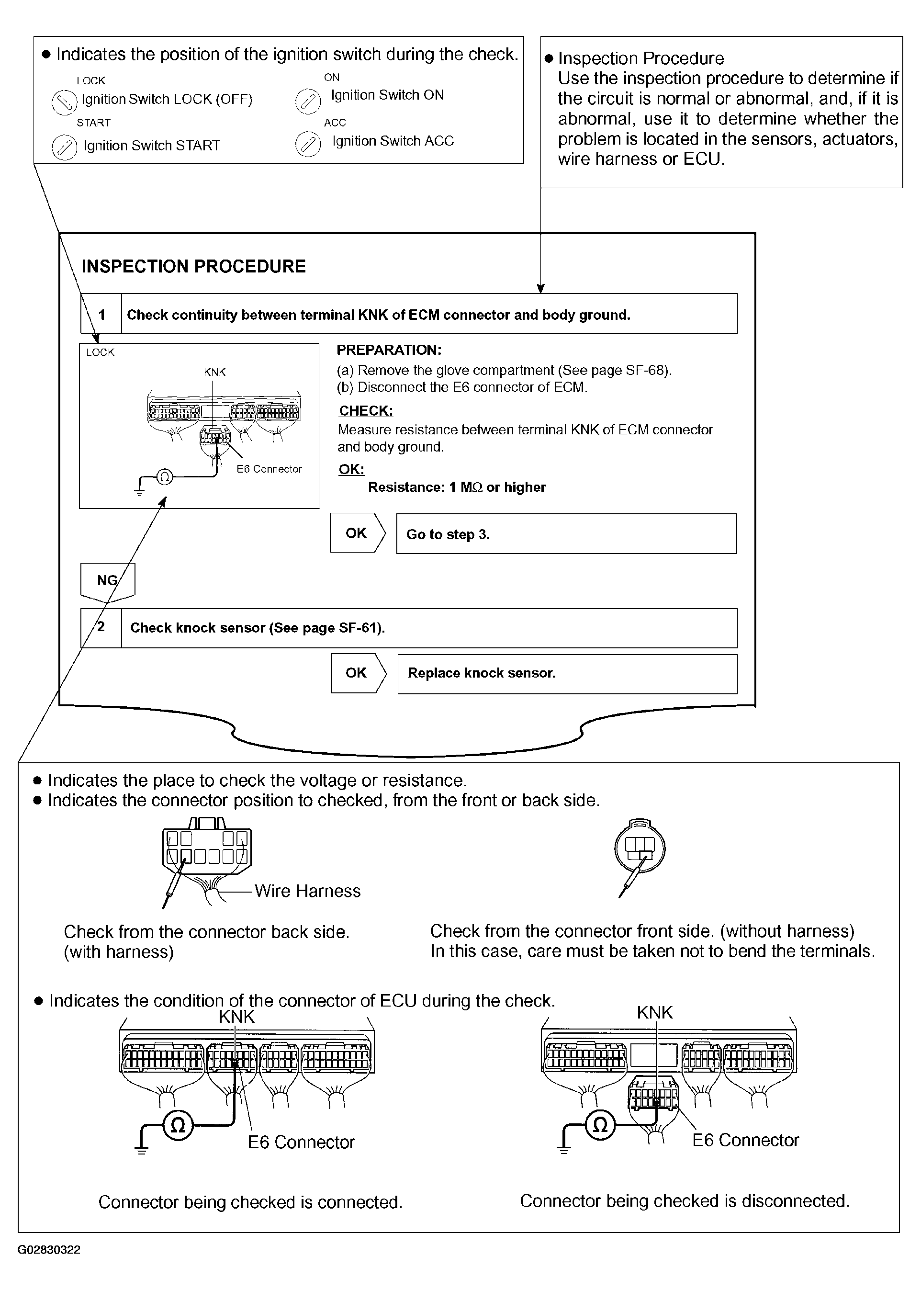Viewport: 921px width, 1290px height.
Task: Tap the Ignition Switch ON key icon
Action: click(308, 101)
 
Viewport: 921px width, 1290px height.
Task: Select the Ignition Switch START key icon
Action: click(64, 147)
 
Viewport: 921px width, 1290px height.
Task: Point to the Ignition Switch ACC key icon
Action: click(308, 144)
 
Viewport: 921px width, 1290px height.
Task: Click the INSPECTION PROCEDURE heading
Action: click(193, 266)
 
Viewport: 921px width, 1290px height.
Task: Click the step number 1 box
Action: click(101, 314)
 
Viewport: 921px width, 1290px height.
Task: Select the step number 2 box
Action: click(101, 627)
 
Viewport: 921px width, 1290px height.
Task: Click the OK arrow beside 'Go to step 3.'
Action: click(357, 533)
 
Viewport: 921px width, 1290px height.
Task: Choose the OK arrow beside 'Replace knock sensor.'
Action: click(358, 673)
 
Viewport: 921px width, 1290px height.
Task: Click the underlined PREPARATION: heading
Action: click(389, 350)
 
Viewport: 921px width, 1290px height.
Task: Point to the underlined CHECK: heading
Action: click(366, 411)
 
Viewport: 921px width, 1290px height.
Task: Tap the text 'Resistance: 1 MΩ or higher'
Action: click(457, 487)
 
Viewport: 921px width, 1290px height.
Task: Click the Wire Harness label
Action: click(307, 891)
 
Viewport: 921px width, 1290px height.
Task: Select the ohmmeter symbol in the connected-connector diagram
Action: click(178, 1125)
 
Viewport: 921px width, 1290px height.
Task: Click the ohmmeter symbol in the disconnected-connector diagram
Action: click(600, 1124)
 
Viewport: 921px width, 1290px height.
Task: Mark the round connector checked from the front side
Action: click(640, 849)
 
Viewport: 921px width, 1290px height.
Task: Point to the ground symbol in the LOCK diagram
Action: click(139, 490)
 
